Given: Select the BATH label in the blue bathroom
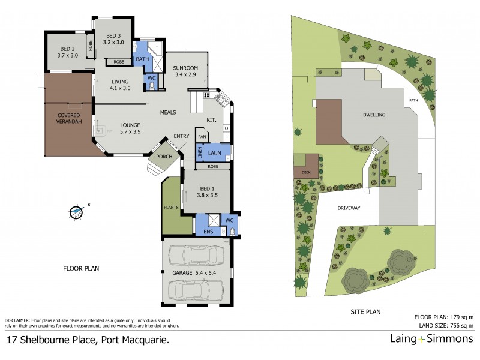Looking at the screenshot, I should coord(142,59).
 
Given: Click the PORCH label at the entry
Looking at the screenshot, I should coord(164,157).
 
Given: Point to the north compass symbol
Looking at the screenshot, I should coord(76,211).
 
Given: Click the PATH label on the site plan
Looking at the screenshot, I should coord(413,100).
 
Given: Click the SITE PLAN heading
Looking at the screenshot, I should coord(365,312).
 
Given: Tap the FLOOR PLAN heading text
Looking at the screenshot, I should coord(81,268).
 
